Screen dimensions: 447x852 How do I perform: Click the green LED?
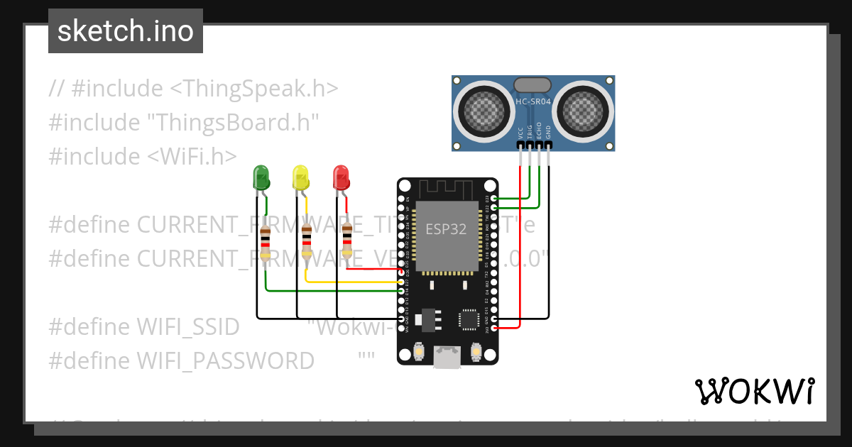(x=261, y=177)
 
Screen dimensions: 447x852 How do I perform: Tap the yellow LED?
(x=301, y=177)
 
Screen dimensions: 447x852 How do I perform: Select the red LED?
(x=342, y=177)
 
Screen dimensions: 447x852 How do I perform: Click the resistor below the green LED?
(x=265, y=243)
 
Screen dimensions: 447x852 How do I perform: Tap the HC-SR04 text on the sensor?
(x=533, y=102)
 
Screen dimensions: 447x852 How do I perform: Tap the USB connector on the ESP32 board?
(x=447, y=358)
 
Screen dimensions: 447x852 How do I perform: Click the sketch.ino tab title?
(x=126, y=31)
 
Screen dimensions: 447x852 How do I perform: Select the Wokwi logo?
(x=755, y=391)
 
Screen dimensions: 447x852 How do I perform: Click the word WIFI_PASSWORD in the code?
(x=224, y=360)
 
